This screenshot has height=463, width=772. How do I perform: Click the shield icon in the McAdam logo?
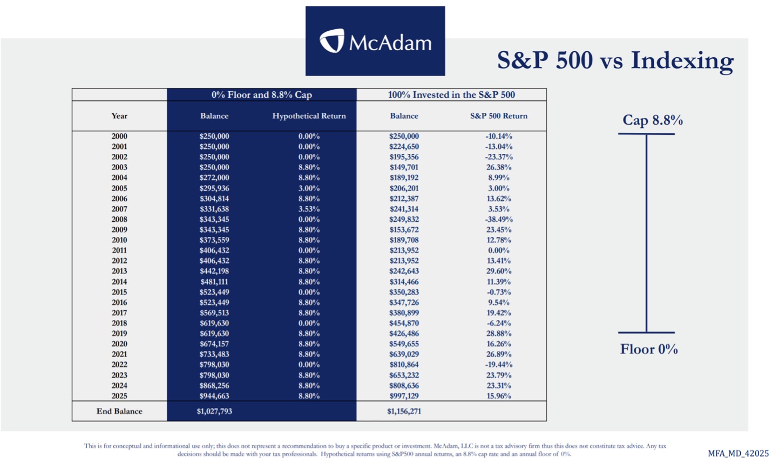coord(331,41)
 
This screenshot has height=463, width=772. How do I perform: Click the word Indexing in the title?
coord(682,60)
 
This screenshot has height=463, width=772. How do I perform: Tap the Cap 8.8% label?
coord(652,120)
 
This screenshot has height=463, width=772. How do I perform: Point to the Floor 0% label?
coord(648,349)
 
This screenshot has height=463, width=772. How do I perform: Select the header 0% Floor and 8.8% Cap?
coord(261,94)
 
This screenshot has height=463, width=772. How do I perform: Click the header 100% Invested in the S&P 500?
coord(451,94)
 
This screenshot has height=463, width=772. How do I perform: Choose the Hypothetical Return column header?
coord(309,116)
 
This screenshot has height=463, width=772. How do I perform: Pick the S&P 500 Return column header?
coord(498,116)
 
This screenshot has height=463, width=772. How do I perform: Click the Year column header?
coord(119,116)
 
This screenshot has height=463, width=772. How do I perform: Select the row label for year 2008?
coord(119,220)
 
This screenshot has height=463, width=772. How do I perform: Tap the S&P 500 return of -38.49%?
coord(498,220)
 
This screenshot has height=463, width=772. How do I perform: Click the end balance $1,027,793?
coord(214,411)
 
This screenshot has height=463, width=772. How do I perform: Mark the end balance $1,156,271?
coord(404,411)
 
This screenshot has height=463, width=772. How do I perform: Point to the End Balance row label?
coord(119,411)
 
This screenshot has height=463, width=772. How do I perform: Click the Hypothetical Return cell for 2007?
coord(309,209)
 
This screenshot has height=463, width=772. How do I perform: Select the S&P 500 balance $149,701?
coord(404,167)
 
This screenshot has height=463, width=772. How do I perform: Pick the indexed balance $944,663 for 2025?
coord(214,396)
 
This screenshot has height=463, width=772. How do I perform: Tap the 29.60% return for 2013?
coord(498,271)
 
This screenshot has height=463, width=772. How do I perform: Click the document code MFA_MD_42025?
coord(738,453)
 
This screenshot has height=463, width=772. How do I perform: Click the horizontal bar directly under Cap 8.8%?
coord(646,134)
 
